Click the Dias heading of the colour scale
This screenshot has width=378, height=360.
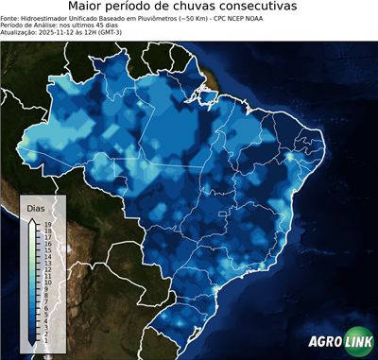(36, 207)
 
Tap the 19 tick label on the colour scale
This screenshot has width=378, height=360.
(45, 224)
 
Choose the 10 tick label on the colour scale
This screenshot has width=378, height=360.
(45, 281)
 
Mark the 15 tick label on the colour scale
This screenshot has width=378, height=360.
(45, 249)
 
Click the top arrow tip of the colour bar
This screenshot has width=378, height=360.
(33, 218)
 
